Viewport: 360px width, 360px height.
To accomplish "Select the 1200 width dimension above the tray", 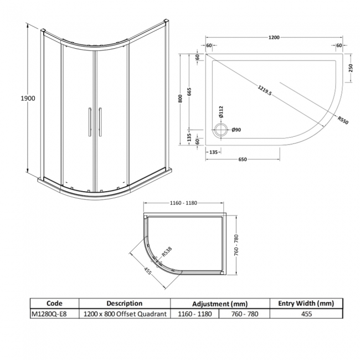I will click(273, 38).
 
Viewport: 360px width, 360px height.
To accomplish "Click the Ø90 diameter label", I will click(235, 131).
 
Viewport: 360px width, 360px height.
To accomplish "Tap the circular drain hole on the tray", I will click(220, 131).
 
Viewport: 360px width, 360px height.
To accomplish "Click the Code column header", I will click(54, 304).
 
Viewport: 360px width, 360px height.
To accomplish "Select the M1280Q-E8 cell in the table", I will click(54, 314).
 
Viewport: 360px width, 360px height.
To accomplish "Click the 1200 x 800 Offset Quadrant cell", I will click(125, 314).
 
